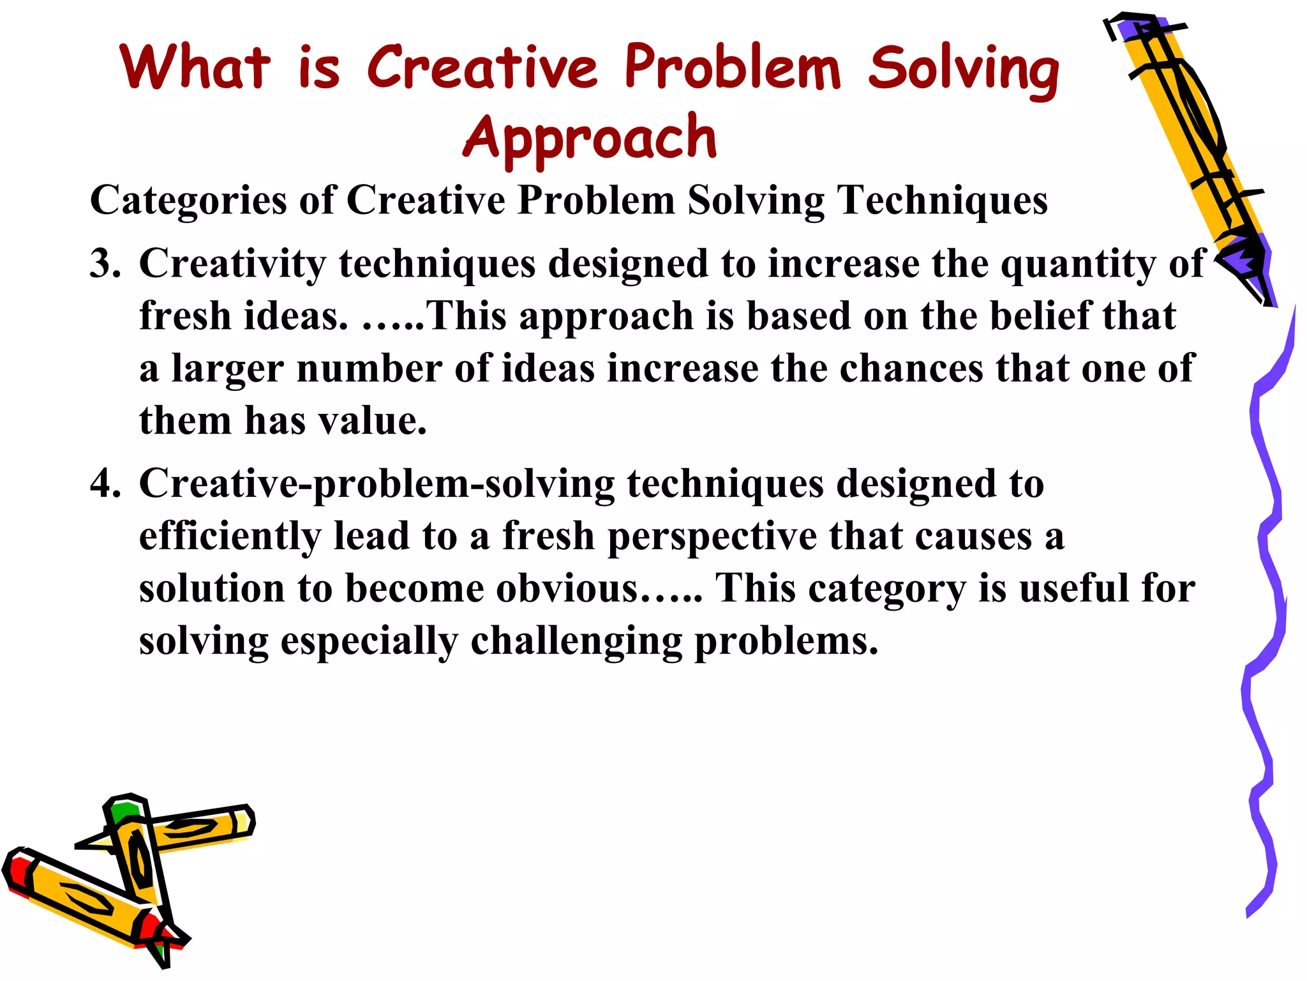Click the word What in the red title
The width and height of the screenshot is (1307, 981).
coord(195,66)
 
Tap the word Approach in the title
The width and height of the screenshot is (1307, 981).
coord(590,138)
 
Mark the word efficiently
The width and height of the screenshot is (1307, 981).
coord(230,536)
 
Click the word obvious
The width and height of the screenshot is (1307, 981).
coord(567,588)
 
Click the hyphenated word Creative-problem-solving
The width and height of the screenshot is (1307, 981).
coord(377,484)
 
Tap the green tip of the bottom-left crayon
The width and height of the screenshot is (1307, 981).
coord(123,811)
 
